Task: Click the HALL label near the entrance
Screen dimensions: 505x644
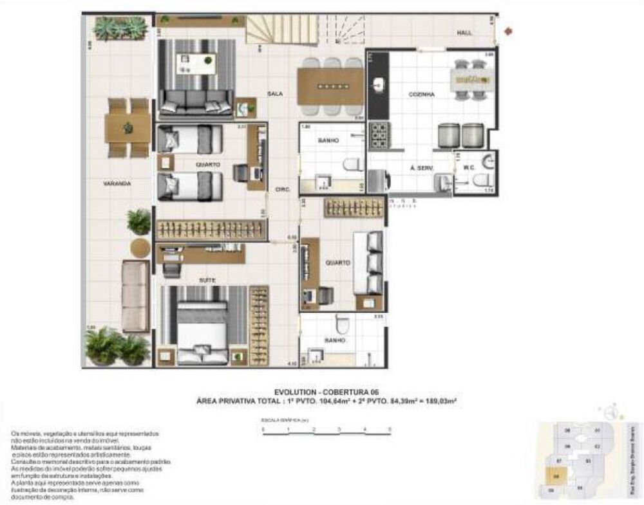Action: coord(465,32)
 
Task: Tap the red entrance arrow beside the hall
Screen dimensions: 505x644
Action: coord(509,30)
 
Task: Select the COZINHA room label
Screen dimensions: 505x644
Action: coord(421,94)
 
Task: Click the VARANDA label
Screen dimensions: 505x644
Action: coord(117,183)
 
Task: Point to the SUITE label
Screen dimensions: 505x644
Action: coord(206,280)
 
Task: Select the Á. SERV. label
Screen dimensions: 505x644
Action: coord(421,168)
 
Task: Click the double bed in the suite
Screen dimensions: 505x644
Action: coord(203,326)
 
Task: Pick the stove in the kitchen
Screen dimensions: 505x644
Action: coord(377,134)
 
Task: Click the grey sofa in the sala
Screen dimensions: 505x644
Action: coord(196,102)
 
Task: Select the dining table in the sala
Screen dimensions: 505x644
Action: coord(330,86)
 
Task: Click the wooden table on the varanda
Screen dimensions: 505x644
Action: coord(128,128)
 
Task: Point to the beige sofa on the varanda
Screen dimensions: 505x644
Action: coord(136,297)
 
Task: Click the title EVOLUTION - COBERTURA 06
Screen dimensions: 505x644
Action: coord(327,390)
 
